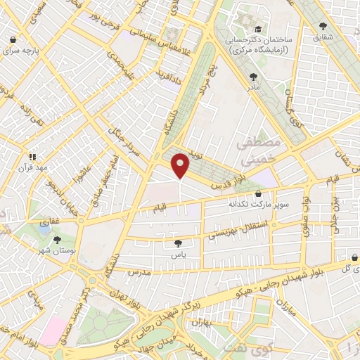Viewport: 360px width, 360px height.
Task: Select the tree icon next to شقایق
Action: click(323, 26)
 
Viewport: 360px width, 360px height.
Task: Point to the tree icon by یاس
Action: click(178, 243)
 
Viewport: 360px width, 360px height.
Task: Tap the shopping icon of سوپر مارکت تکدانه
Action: click(258, 193)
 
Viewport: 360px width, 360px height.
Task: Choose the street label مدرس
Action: click(141, 271)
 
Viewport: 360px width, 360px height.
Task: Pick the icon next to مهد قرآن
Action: click(32, 157)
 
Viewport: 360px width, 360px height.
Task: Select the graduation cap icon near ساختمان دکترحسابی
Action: click(258, 29)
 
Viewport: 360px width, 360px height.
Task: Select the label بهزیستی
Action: click(223, 234)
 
